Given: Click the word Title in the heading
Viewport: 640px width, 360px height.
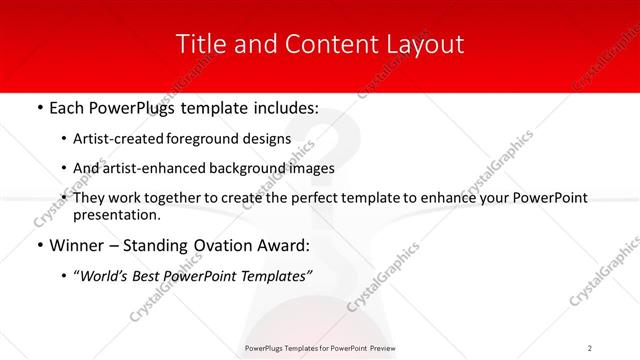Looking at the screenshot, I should click(198, 45).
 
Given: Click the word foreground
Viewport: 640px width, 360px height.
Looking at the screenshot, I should click(204, 139).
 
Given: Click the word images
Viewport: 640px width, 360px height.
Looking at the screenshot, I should click(311, 168).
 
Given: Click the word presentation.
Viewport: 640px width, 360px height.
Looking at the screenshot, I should click(115, 214).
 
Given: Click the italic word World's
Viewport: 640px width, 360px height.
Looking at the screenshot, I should click(106, 277).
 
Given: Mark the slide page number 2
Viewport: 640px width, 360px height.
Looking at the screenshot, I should click(590, 347).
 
